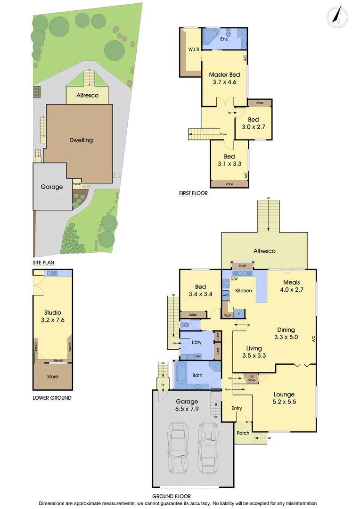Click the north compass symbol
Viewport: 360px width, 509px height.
[x=338, y=16]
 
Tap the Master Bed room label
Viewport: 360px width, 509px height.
[x=224, y=74]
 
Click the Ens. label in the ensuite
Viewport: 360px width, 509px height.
[x=224, y=39]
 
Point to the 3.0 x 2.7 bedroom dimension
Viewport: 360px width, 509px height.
[x=254, y=127]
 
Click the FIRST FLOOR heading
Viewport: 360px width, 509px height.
[x=193, y=193]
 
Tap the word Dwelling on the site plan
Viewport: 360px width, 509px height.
[x=81, y=140]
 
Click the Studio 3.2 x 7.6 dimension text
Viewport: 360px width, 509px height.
[x=53, y=320]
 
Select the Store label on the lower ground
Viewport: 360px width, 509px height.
[x=53, y=377]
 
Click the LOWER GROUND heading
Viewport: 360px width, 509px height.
[x=52, y=398]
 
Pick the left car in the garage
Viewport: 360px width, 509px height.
[x=178, y=447]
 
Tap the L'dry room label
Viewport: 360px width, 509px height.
[x=196, y=342]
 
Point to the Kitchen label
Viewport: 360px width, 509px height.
[x=244, y=290]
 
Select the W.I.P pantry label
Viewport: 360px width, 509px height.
[x=228, y=315]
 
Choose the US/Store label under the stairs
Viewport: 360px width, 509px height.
[x=252, y=378]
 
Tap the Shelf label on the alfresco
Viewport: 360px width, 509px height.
[x=242, y=266]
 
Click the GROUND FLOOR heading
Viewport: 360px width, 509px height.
[x=172, y=496]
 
